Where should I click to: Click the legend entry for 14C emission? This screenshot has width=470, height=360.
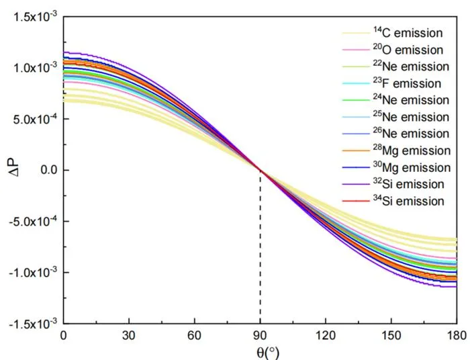coord(408,33)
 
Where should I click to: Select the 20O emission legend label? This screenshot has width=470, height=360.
coord(408,50)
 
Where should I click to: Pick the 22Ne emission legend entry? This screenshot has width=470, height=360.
coord(411,66)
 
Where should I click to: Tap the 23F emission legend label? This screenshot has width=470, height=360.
coord(407,83)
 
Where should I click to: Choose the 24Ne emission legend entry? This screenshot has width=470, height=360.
coord(411,100)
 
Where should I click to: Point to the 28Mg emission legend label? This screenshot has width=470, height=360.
coord(412,150)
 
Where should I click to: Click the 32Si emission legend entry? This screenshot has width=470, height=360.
coord(408,184)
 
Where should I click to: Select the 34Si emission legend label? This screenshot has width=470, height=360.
coord(408,201)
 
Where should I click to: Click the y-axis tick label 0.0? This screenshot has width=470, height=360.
coord(48,170)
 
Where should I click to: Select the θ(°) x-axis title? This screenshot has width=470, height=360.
coord(268,353)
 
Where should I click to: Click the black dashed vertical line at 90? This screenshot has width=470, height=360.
coord(261,247)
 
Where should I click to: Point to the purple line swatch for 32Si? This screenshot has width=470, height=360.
coord(356,184)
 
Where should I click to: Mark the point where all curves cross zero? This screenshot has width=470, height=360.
coord(261,170)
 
